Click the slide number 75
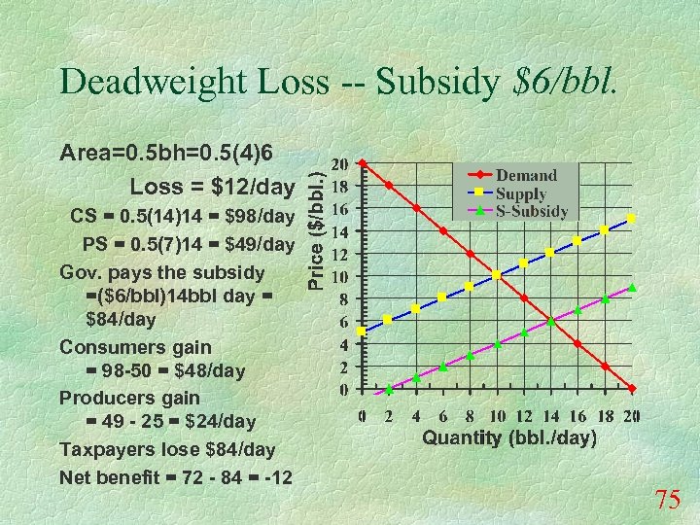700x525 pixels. (668, 501)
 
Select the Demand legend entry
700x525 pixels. (526, 176)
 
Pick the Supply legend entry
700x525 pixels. (521, 193)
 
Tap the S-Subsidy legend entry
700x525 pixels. (532, 210)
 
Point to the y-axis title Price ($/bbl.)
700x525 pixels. (317, 225)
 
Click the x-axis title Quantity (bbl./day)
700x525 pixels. (508, 438)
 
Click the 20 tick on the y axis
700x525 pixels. (340, 164)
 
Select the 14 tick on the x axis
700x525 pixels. (550, 416)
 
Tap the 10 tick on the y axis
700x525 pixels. (340, 277)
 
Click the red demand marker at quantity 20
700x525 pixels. (632, 389)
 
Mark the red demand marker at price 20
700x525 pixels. (362, 163)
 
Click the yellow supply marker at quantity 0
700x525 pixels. (362, 332)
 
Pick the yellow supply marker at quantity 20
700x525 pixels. (632, 220)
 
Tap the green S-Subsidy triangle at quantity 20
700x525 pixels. (632, 288)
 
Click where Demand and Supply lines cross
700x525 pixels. (497, 275)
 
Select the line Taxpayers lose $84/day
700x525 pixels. (167, 450)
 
